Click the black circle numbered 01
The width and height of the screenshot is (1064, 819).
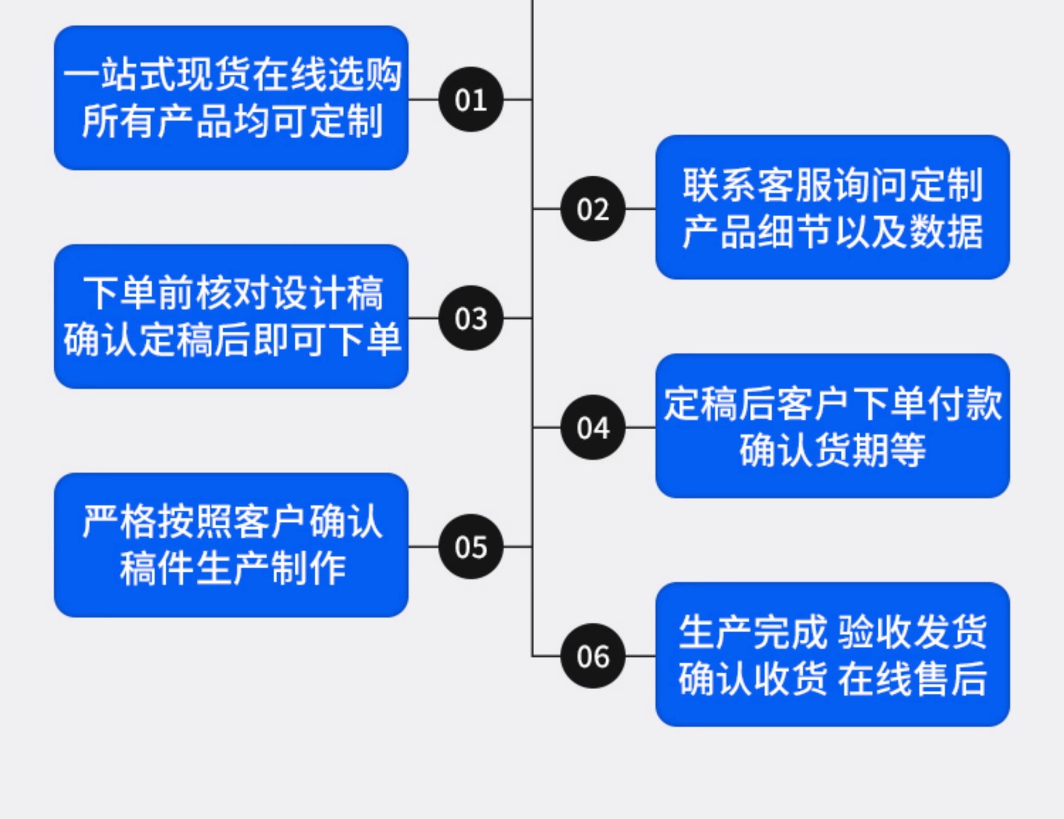(470, 100)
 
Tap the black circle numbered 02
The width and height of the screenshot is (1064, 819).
(593, 209)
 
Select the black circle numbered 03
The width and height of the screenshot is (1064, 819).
(470, 318)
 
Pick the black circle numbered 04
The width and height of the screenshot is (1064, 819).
(593, 428)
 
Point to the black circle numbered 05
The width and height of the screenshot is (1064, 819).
(470, 547)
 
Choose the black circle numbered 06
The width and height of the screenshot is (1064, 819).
(593, 656)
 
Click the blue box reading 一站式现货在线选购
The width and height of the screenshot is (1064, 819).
(231, 98)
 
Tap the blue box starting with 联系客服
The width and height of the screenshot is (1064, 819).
(832, 207)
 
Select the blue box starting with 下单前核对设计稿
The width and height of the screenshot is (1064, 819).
(231, 316)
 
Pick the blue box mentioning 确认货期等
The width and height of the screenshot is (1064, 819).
(832, 425)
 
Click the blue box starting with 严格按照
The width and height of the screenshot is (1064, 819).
(231, 545)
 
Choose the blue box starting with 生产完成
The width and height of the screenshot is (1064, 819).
(832, 654)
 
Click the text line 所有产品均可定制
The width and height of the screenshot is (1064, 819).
(232, 121)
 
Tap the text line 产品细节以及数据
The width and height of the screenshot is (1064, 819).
(832, 232)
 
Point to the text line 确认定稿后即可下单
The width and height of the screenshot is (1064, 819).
(232, 340)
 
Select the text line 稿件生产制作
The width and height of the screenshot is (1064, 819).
(233, 569)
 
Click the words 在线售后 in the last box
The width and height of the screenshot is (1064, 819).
(912, 679)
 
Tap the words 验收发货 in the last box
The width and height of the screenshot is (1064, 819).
(912, 632)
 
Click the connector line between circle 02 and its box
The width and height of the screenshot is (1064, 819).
(640, 209)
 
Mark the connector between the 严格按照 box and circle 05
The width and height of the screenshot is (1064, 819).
(423, 547)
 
